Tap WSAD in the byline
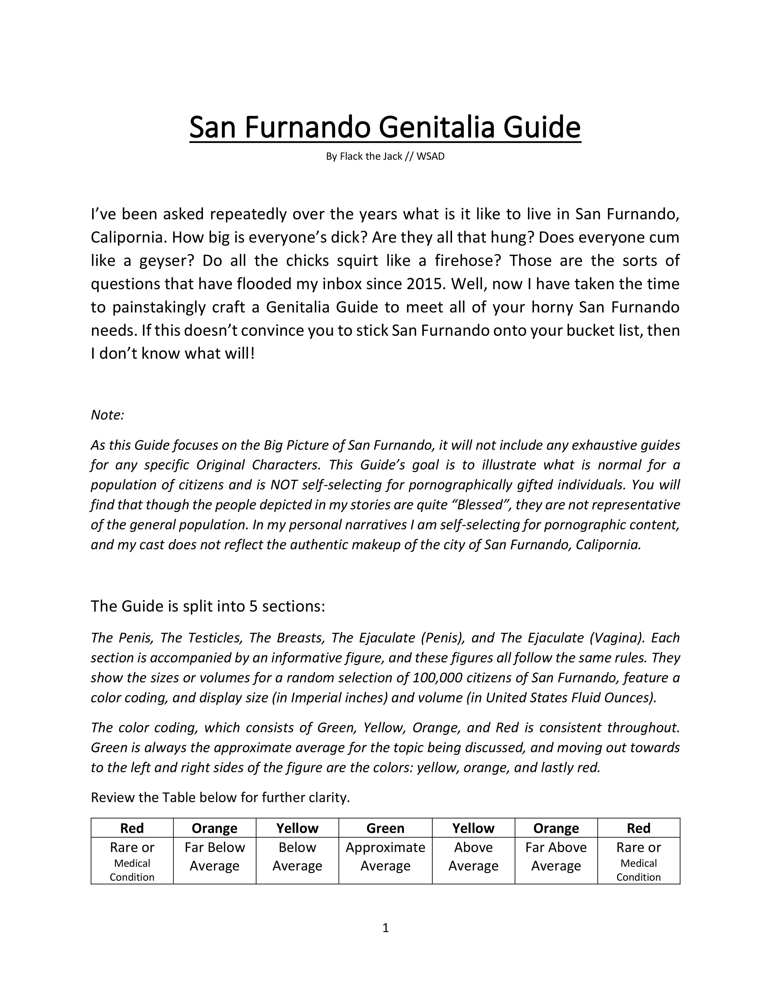pos(430,156)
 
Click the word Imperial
pos(319,698)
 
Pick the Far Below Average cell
pos(214,857)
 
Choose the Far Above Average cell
pos(556,857)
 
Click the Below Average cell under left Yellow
pos(297,857)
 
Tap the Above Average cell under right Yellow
pos(473,857)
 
